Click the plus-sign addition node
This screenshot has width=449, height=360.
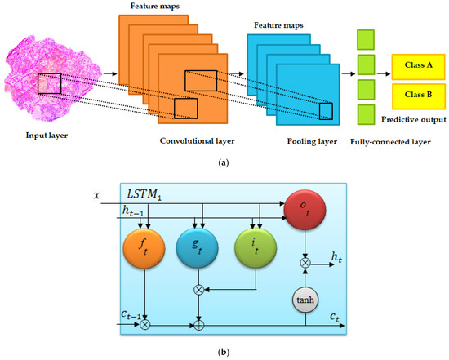coord(198,324)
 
